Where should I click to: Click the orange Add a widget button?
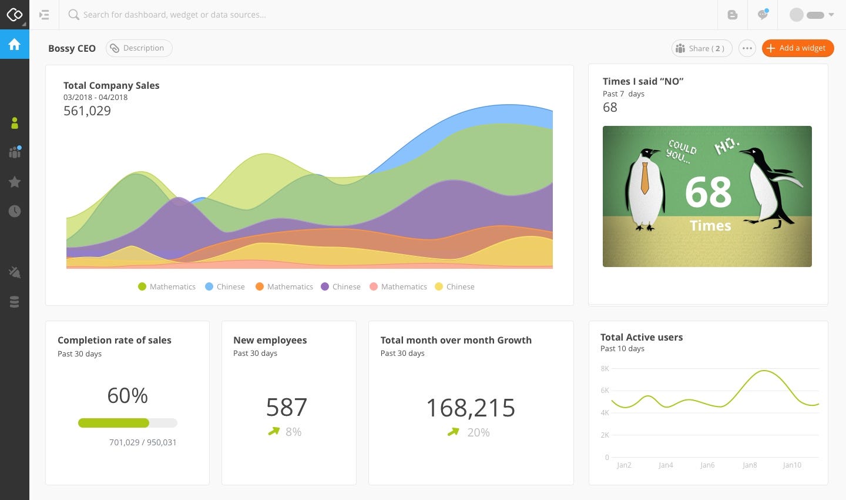[797, 48]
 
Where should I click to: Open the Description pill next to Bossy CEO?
[139, 48]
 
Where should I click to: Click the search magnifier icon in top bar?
[73, 15]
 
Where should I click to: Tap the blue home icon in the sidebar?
[15, 44]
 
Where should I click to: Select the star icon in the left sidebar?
[15, 182]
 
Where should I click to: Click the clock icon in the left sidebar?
[15, 211]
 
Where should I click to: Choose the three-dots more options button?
[747, 48]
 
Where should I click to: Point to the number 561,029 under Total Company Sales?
[87, 111]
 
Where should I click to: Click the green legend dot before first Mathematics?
[142, 286]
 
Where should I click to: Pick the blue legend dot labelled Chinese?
[209, 286]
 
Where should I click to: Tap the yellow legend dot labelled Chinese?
[439, 286]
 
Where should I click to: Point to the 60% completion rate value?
[127, 395]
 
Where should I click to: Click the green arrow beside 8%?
[274, 431]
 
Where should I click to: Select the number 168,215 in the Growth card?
[471, 408]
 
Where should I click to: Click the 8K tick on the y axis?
[605, 369]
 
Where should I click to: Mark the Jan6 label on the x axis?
[707, 465]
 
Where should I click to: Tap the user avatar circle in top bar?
[796, 15]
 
